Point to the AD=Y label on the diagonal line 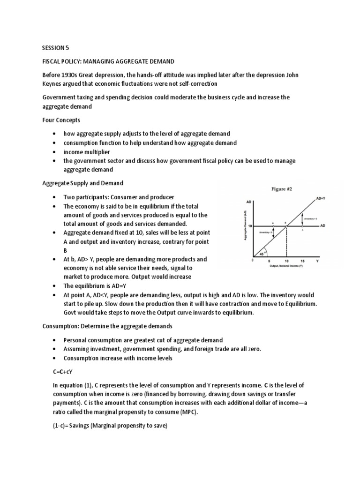click(322, 199)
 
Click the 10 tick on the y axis click(249, 226)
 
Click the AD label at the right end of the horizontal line click(323, 226)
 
